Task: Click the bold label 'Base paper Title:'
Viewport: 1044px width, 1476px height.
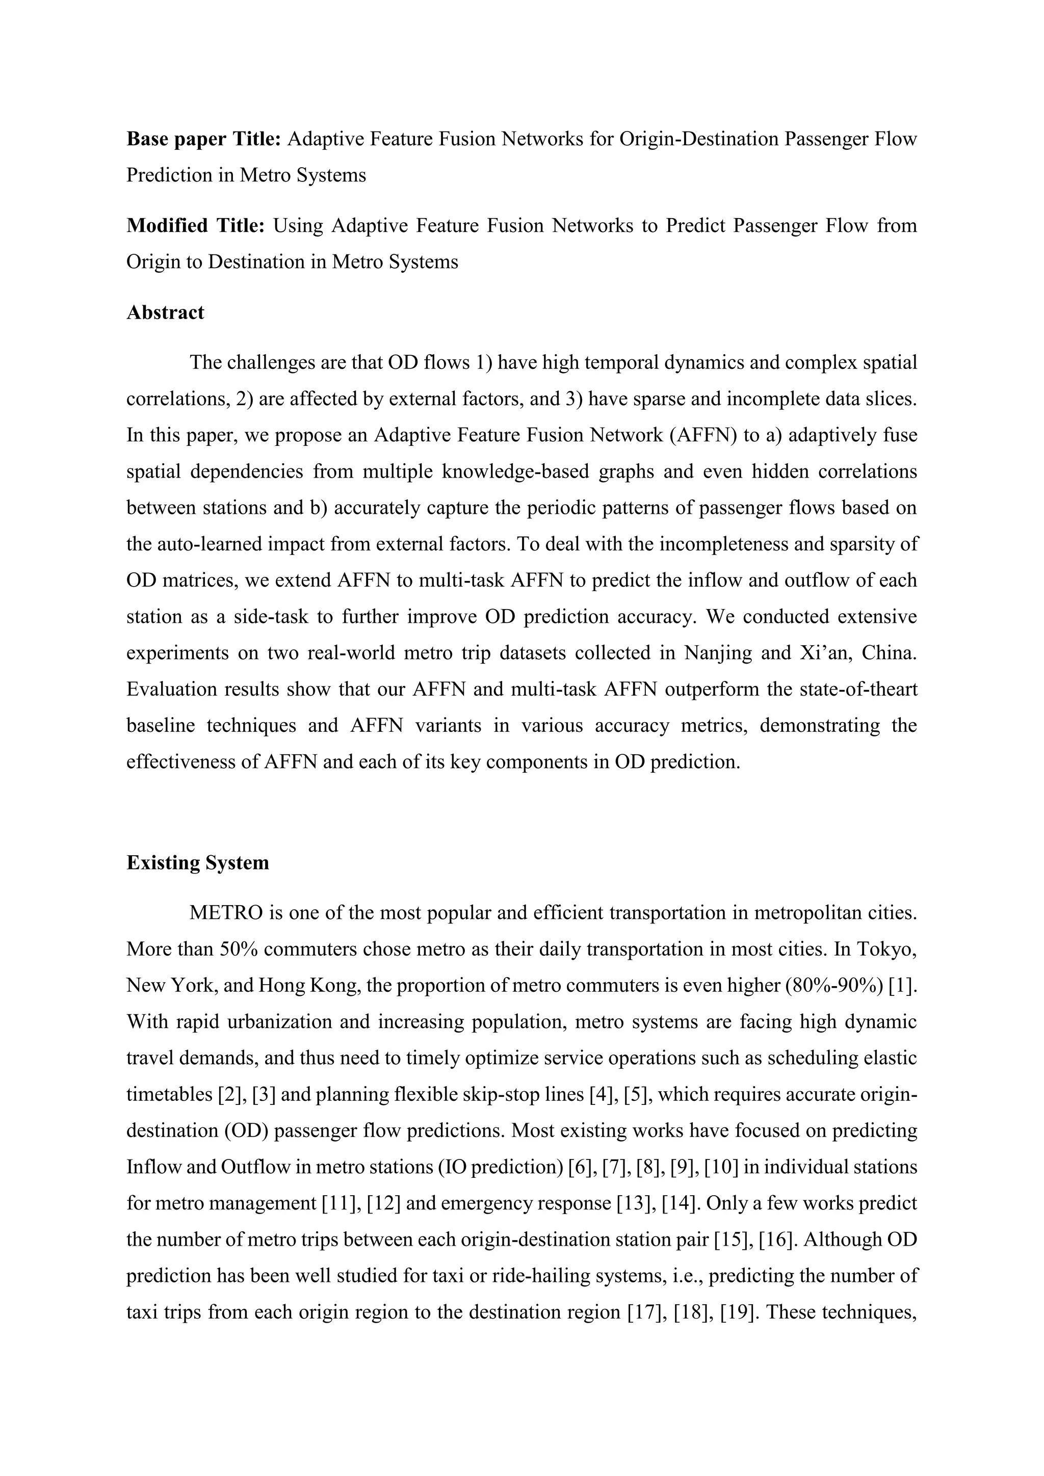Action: (x=203, y=139)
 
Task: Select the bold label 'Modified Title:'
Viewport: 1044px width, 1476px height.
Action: (x=195, y=226)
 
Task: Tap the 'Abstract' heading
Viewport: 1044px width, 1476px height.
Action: (x=165, y=312)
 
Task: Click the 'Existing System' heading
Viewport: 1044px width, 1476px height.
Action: (x=197, y=863)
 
